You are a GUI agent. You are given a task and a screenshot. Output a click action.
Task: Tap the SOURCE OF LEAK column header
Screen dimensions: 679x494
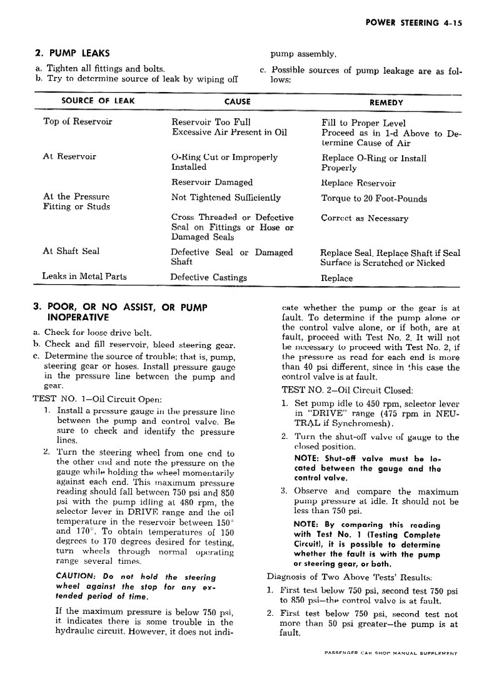(x=98, y=101)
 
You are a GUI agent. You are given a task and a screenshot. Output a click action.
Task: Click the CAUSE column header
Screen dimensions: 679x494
(x=237, y=101)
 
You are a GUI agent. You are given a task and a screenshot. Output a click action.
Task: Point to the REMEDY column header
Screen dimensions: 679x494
(x=386, y=102)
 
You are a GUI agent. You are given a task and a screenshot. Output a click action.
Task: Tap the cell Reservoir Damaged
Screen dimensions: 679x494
(x=212, y=183)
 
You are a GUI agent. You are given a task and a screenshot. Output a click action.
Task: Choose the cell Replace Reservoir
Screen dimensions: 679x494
(x=358, y=183)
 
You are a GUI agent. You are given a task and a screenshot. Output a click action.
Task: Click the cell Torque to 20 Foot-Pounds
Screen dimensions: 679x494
(x=374, y=199)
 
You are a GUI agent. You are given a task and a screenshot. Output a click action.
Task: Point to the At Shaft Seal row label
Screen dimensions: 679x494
(x=71, y=252)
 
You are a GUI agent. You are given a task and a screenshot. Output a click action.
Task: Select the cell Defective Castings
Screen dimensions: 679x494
(x=209, y=278)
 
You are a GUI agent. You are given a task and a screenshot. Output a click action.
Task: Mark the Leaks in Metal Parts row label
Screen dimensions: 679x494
(x=84, y=276)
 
